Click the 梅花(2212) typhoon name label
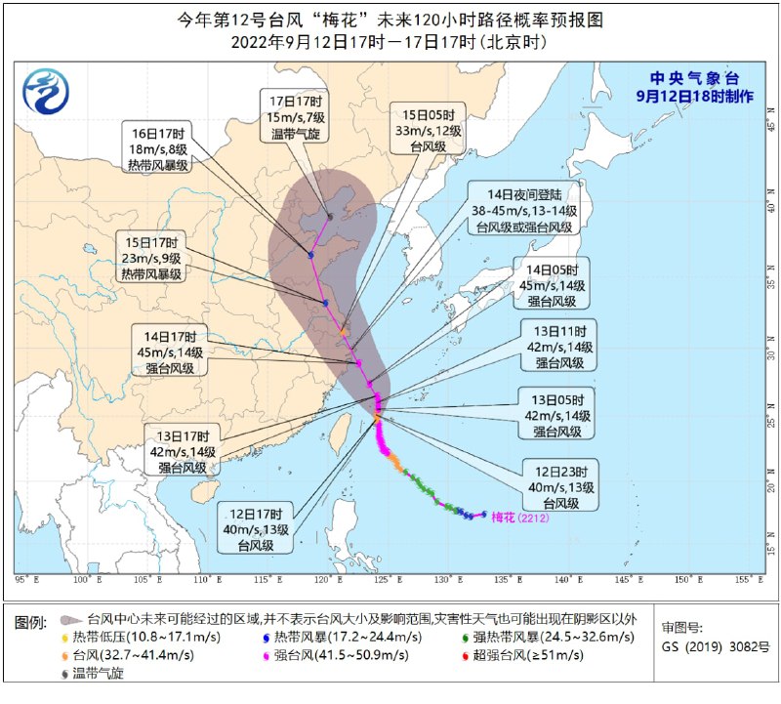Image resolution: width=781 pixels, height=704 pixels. [x=520, y=517]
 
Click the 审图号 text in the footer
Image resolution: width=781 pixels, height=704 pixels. [x=681, y=627]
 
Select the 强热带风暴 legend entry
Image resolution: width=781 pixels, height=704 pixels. [x=531, y=637]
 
